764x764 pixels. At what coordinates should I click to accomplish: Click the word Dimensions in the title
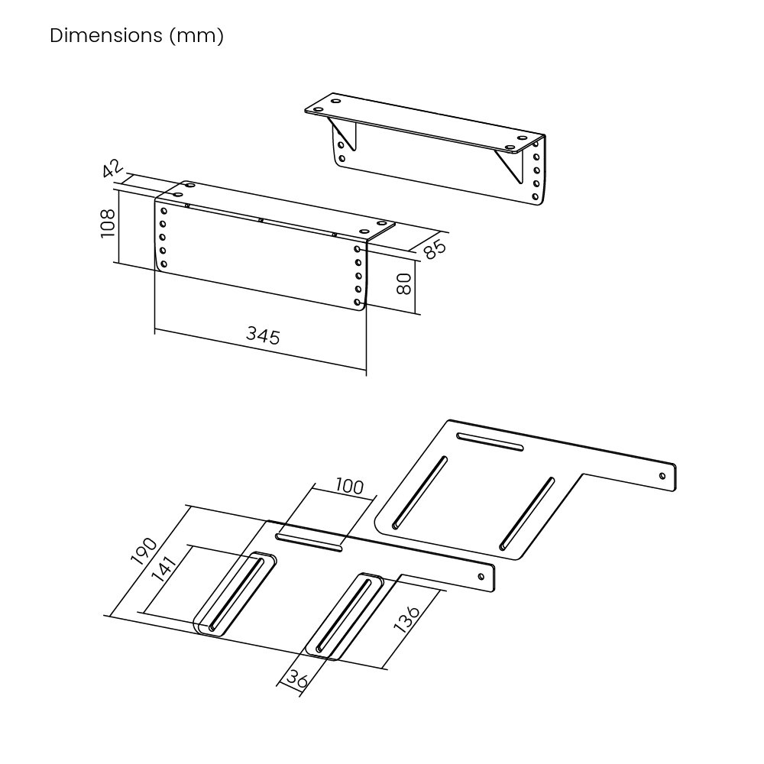(x=105, y=36)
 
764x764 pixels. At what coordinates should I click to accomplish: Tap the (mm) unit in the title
(x=196, y=36)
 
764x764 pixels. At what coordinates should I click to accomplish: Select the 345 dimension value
(x=263, y=335)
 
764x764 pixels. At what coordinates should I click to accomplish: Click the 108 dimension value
(x=108, y=223)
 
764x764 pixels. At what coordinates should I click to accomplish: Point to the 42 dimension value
(x=113, y=168)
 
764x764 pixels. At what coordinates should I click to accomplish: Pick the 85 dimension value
(x=434, y=248)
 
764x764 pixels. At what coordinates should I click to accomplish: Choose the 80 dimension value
(x=403, y=283)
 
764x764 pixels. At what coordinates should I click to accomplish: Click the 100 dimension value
(x=349, y=486)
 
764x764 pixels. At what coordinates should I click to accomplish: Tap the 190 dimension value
(x=144, y=551)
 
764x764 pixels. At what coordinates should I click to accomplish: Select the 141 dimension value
(x=163, y=569)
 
